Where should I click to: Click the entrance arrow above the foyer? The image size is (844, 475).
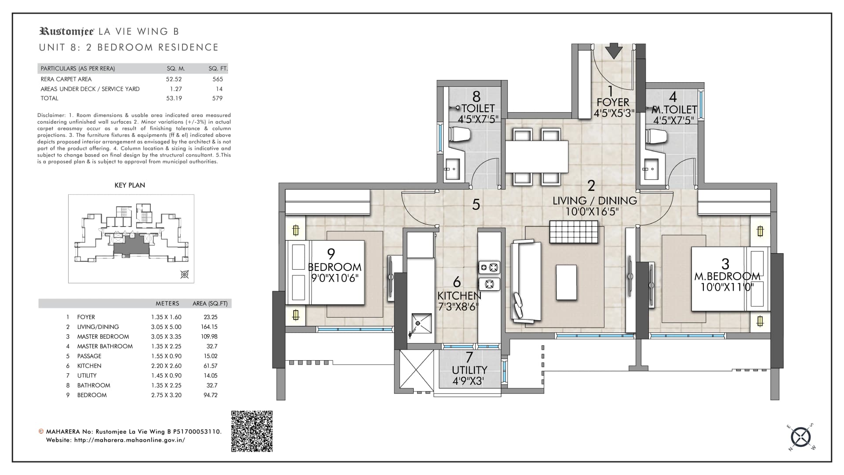614,51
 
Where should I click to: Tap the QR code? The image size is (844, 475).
252,431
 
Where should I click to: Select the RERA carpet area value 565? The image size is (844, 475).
218,79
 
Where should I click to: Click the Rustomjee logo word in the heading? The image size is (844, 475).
67,31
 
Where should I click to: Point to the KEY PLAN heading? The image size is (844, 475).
130,185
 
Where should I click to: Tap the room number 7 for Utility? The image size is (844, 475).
469,357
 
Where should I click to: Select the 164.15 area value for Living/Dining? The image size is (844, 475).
209,327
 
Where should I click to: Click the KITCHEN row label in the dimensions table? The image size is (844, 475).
89,366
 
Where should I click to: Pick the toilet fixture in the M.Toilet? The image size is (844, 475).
656,135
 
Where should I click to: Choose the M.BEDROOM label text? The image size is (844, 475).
728,277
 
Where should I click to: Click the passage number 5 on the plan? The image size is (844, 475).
476,205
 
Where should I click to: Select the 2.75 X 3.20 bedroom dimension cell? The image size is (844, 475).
166,395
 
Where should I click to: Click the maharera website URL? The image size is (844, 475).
130,440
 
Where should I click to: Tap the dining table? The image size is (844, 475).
537,156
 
